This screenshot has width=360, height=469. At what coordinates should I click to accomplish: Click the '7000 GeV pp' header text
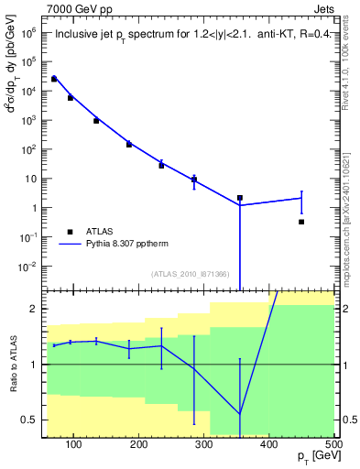pos(79,9)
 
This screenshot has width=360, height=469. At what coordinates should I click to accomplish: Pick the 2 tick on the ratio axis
pos(35,309)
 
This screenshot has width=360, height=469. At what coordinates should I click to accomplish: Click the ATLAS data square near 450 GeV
pos(301,222)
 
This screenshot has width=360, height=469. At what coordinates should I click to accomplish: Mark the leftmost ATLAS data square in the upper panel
pos(54,79)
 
